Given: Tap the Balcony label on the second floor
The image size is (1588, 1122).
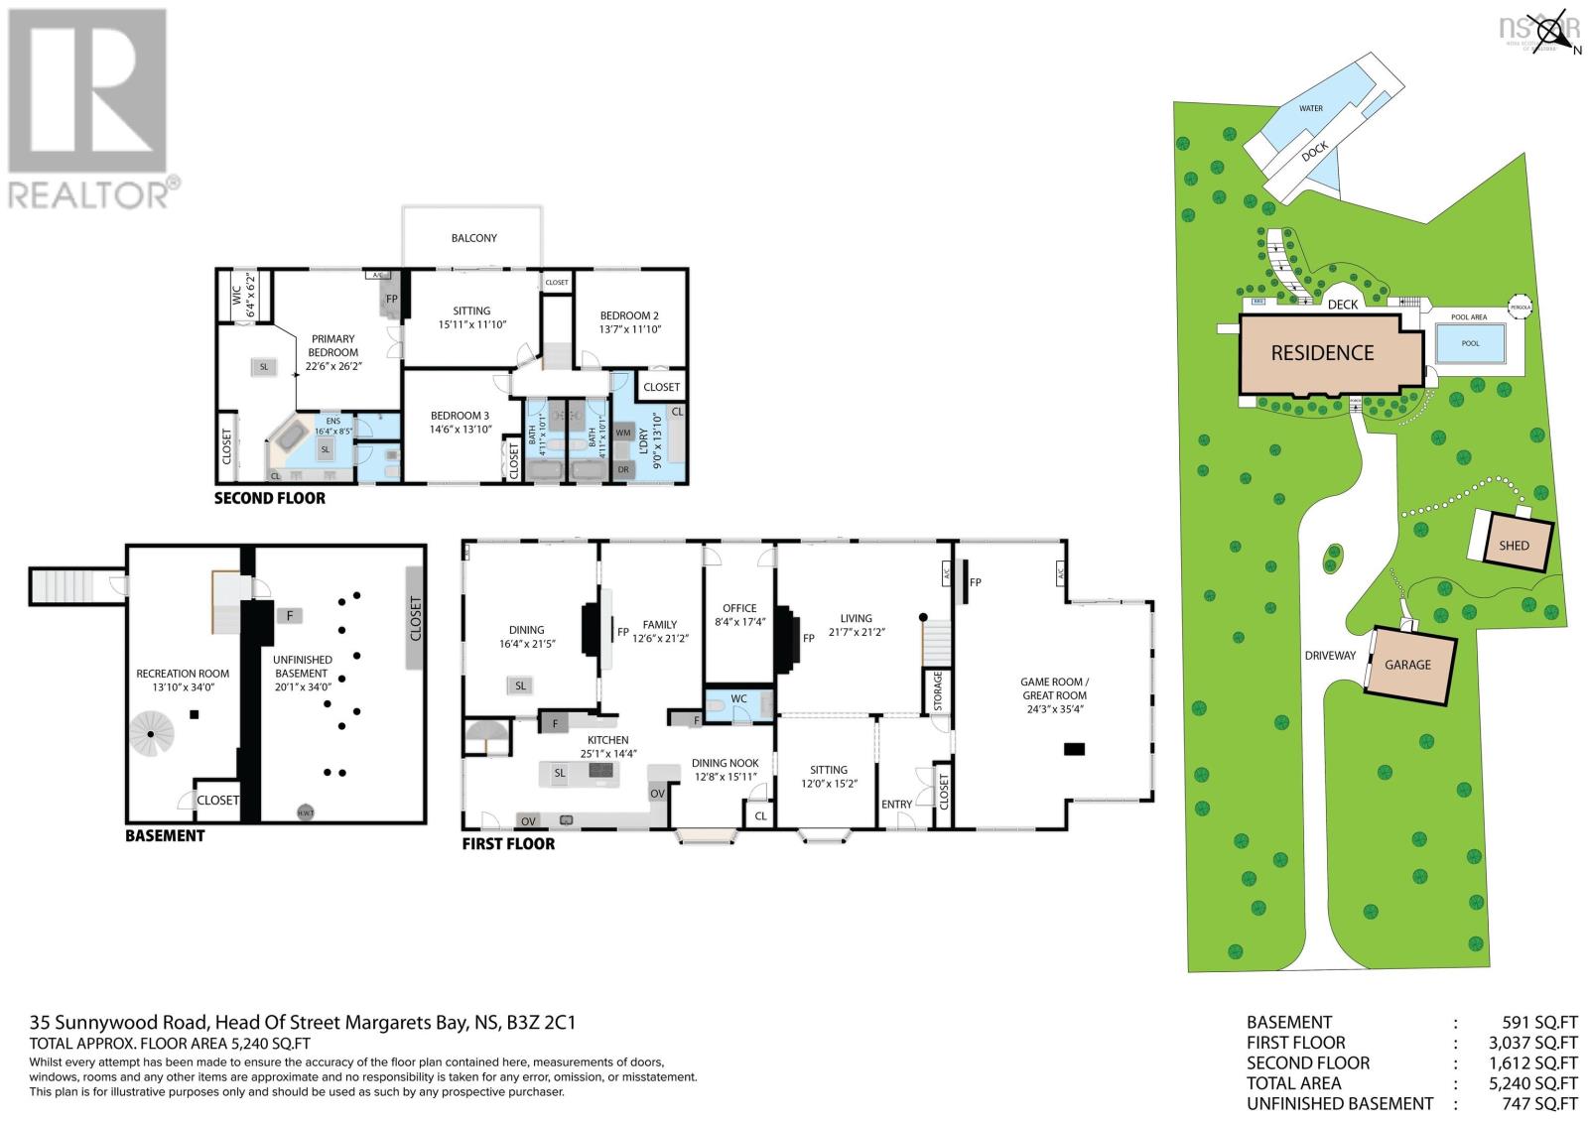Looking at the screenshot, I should (x=473, y=238).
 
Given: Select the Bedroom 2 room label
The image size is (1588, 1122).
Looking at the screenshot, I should (x=629, y=315).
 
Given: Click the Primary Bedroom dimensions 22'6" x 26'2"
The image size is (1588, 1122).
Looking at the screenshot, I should (x=332, y=365).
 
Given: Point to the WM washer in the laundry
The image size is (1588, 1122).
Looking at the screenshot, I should (x=623, y=433).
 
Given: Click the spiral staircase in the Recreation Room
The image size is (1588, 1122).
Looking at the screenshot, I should (x=150, y=734).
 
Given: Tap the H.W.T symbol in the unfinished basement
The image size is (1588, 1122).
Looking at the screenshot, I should (x=306, y=812).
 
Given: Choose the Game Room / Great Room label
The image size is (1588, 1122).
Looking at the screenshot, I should (x=1054, y=688).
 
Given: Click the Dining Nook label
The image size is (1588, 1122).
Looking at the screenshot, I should (x=725, y=763).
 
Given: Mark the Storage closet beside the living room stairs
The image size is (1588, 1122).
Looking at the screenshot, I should (x=937, y=691).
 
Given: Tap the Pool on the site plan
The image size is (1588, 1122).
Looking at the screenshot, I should (x=1470, y=343).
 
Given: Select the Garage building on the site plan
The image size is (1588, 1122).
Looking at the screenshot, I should (x=1407, y=665).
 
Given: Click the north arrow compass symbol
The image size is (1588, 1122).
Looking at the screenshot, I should (x=1559, y=29).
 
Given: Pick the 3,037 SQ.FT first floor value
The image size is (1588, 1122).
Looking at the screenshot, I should (x=1539, y=1043).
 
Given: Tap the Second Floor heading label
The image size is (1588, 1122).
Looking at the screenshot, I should (x=270, y=498).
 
